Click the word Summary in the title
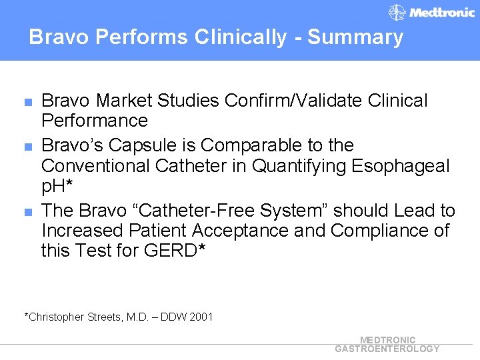355,37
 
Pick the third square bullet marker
27,213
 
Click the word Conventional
92,165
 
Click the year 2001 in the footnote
201,317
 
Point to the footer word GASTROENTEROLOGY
387,349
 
